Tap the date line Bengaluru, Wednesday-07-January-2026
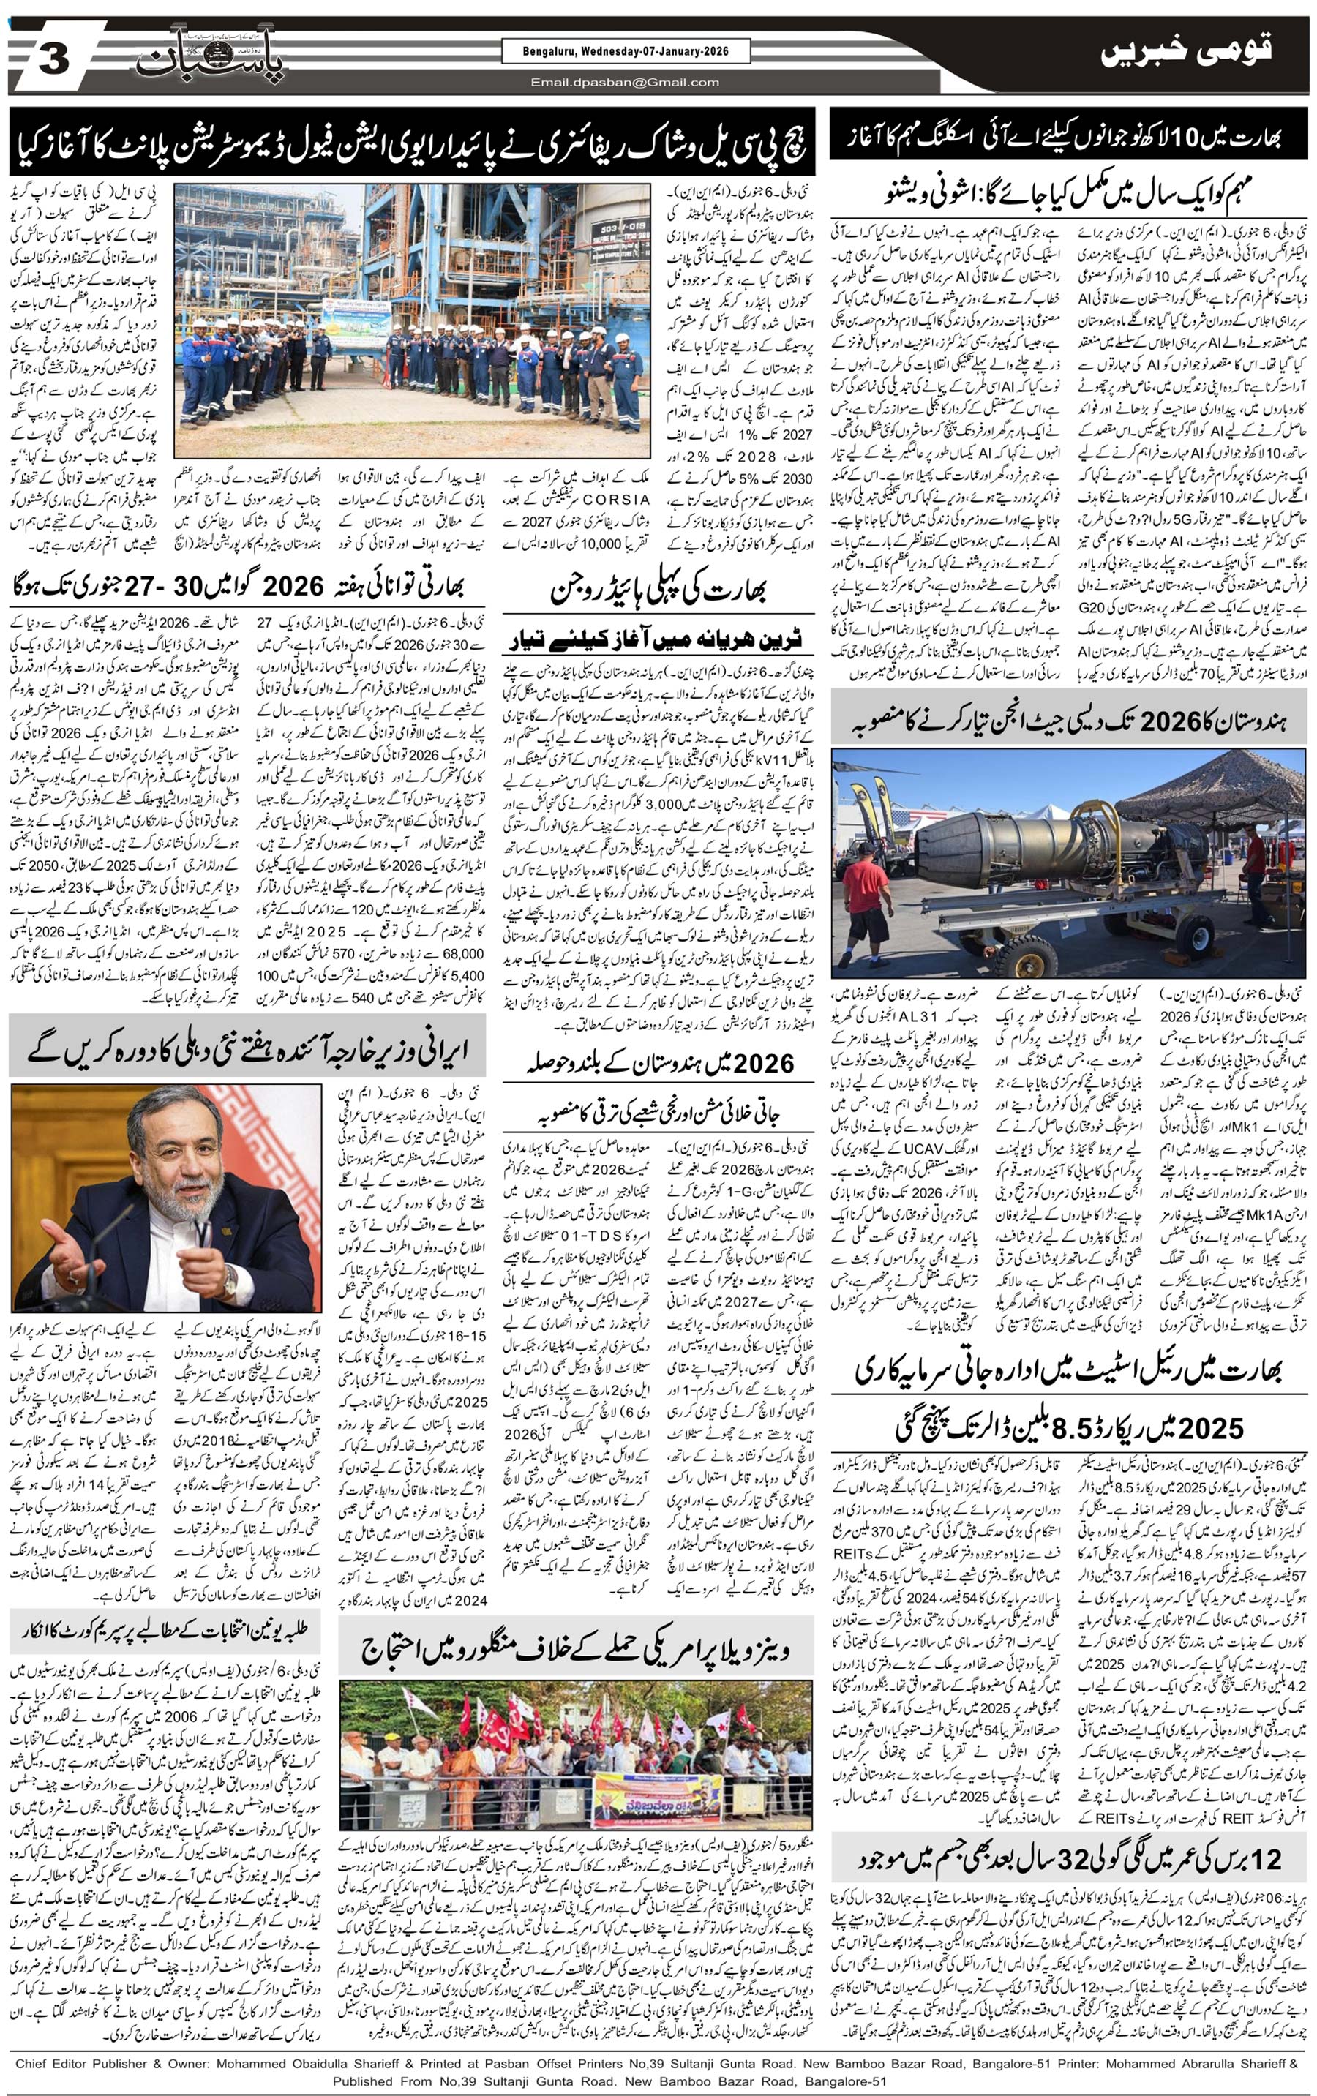[x=614, y=52]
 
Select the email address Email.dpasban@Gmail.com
[x=625, y=83]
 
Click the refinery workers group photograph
[x=412, y=320]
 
